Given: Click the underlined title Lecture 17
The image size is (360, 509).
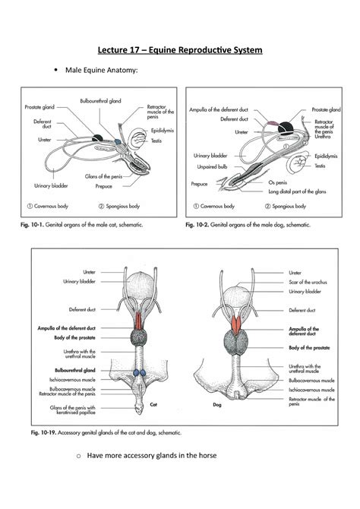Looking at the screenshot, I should tap(179, 50).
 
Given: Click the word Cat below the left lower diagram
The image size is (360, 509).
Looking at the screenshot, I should tap(153, 404).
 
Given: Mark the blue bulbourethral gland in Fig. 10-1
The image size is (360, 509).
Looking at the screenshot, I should tap(118, 141).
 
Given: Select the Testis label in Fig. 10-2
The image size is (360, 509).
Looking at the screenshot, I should tap(320, 165).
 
